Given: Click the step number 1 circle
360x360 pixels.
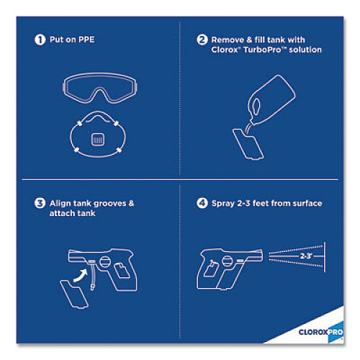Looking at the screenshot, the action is (40, 40).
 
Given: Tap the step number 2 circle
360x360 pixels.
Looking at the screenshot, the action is (202, 40).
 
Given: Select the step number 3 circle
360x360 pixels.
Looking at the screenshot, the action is (40, 203).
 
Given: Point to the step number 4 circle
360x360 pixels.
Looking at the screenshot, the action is (202, 203).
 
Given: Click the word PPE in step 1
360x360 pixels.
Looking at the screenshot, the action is (86, 40).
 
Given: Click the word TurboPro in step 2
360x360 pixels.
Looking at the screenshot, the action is (262, 50).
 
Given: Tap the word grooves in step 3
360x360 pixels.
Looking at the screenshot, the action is (109, 204).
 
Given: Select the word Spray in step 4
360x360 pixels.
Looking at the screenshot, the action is (223, 204).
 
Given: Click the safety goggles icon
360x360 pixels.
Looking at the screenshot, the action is (99, 87).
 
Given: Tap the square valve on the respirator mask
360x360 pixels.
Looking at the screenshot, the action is (98, 139).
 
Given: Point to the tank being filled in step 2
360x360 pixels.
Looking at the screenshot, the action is (248, 144).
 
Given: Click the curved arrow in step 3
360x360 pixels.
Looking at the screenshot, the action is (81, 275).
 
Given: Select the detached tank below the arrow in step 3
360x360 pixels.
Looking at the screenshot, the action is (74, 294).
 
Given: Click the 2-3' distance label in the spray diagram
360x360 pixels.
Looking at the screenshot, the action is (306, 256).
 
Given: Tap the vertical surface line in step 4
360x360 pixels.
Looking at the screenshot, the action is (325, 257).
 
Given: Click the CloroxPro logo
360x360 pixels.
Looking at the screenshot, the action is (321, 332).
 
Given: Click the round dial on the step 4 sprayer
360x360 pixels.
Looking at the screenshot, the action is (228, 261).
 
